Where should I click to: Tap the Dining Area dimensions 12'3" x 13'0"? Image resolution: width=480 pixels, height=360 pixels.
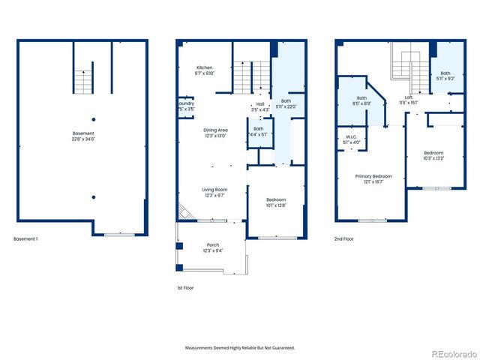[x=217, y=136]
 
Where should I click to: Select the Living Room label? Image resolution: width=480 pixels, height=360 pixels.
[x=214, y=190]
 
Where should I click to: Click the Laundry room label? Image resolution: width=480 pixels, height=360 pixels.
[x=186, y=103]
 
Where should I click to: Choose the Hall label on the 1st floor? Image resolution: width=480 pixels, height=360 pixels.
[x=259, y=104]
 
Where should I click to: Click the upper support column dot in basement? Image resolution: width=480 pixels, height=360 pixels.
[x=93, y=118]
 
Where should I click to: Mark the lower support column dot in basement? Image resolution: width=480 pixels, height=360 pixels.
[x=93, y=196]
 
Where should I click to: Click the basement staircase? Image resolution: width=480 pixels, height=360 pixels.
[x=83, y=79]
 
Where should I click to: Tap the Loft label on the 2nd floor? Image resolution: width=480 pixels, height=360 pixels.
[x=409, y=97]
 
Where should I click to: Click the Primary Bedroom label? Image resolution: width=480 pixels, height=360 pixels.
[x=373, y=177]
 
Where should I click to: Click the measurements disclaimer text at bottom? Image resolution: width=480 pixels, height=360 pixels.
[x=240, y=348]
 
